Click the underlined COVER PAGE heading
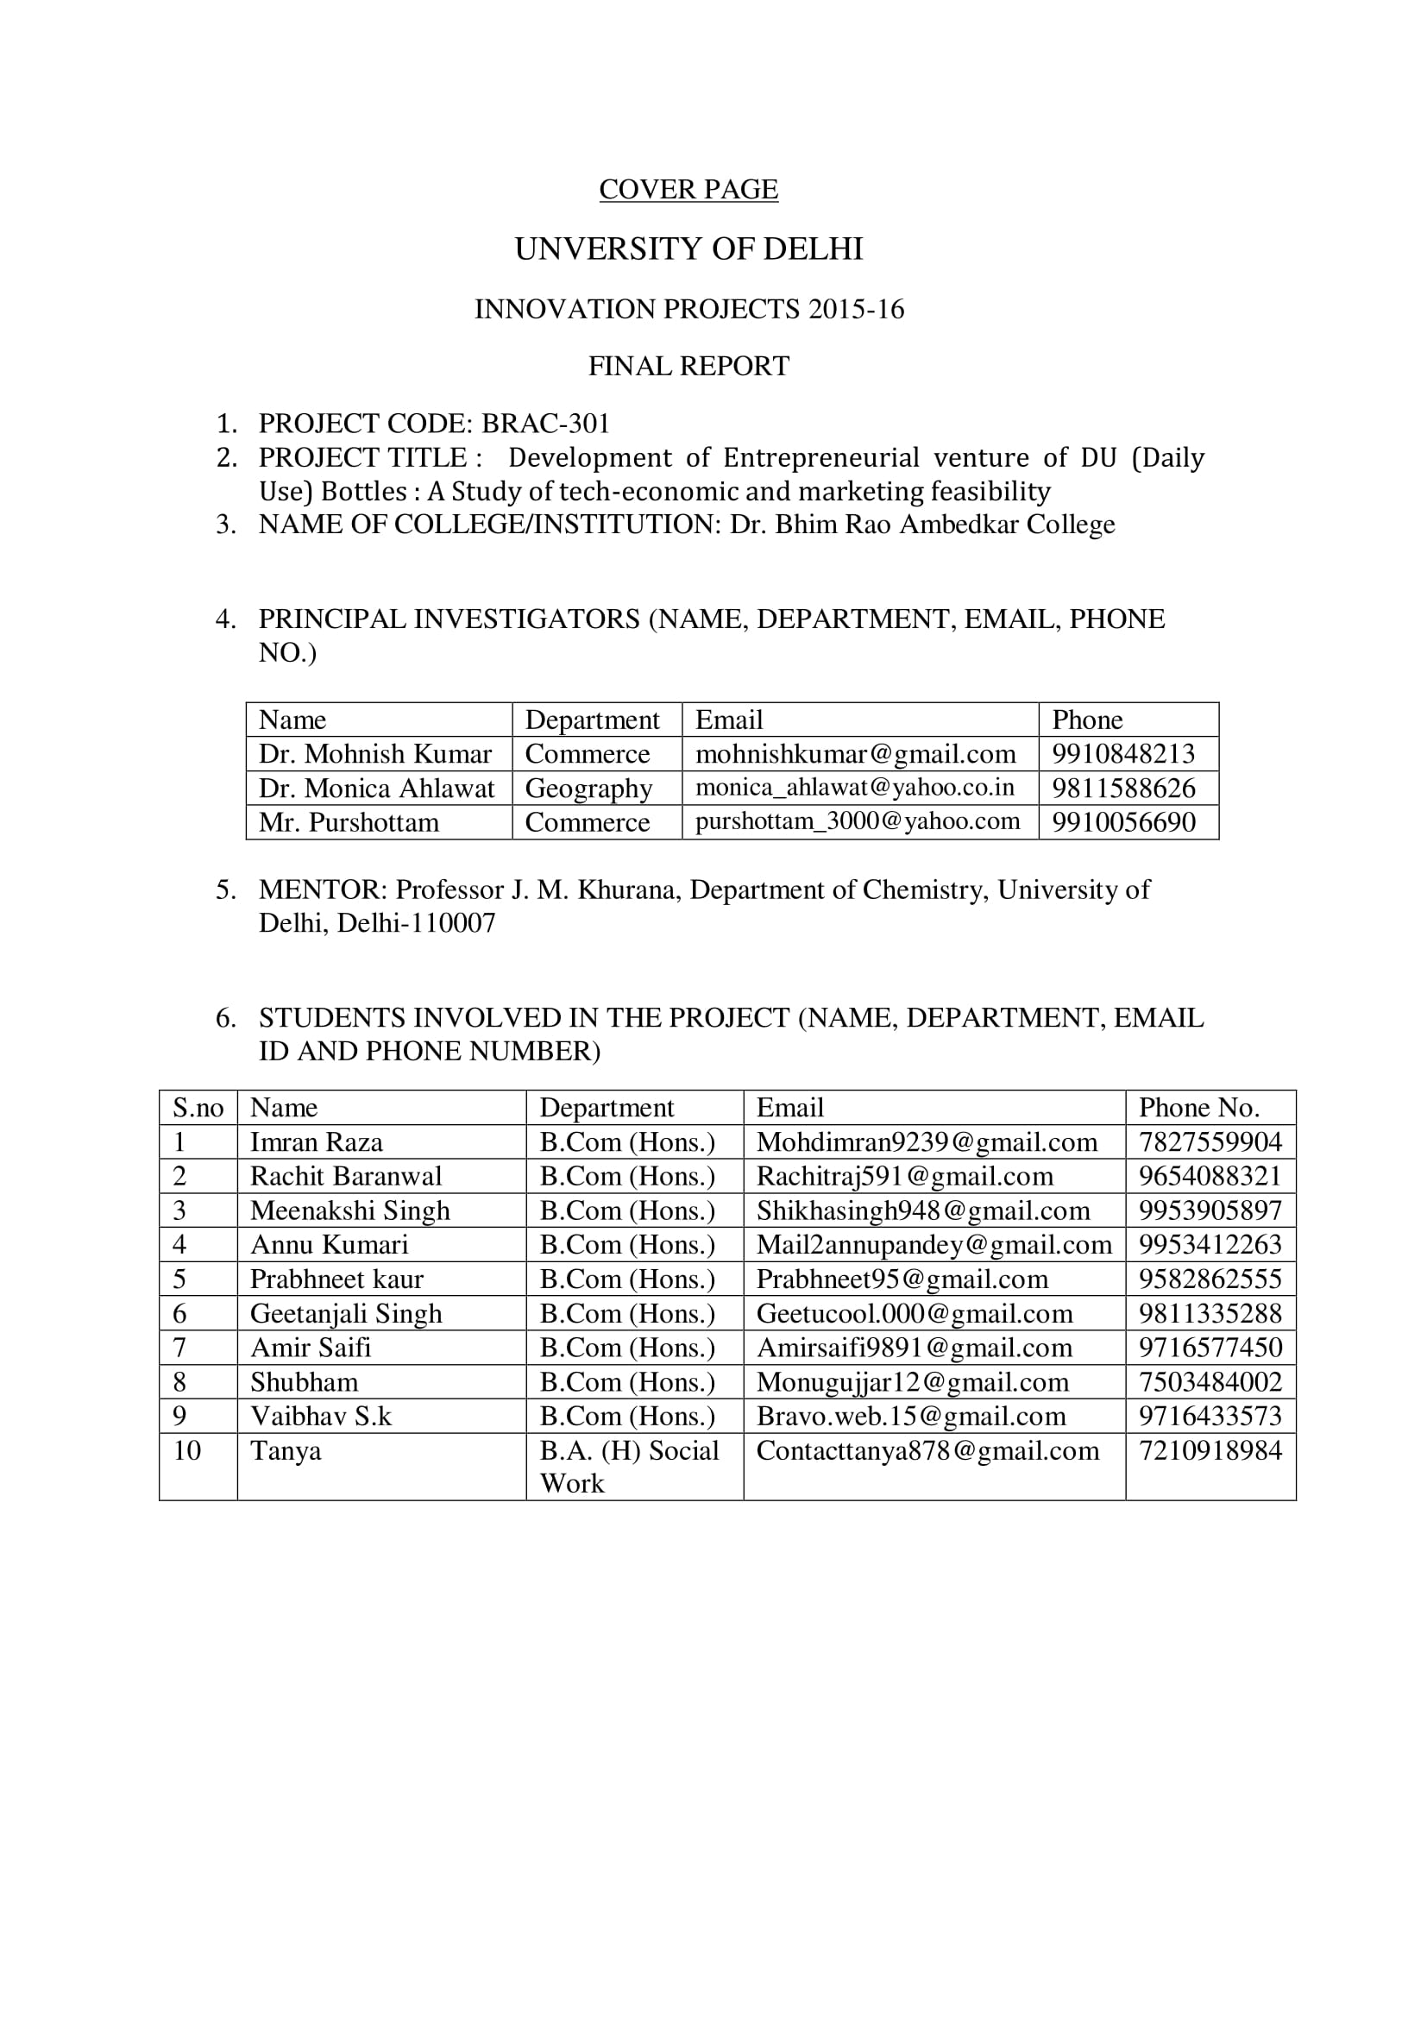point(688,189)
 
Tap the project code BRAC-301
point(544,424)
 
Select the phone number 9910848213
point(1123,754)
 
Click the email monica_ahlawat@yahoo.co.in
point(854,788)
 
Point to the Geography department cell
point(588,789)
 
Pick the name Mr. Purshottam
point(348,823)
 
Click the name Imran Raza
point(317,1141)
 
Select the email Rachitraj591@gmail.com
point(904,1176)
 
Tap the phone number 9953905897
point(1210,1210)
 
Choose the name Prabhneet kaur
point(336,1279)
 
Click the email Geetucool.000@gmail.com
point(914,1313)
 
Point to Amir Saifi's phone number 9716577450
point(1210,1348)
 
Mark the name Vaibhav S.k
point(321,1416)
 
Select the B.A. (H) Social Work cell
point(628,1467)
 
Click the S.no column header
point(198,1108)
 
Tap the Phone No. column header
point(1198,1108)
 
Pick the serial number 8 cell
point(180,1381)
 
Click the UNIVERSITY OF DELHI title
point(688,248)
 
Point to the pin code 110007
point(454,923)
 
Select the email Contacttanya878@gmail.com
point(927,1450)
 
